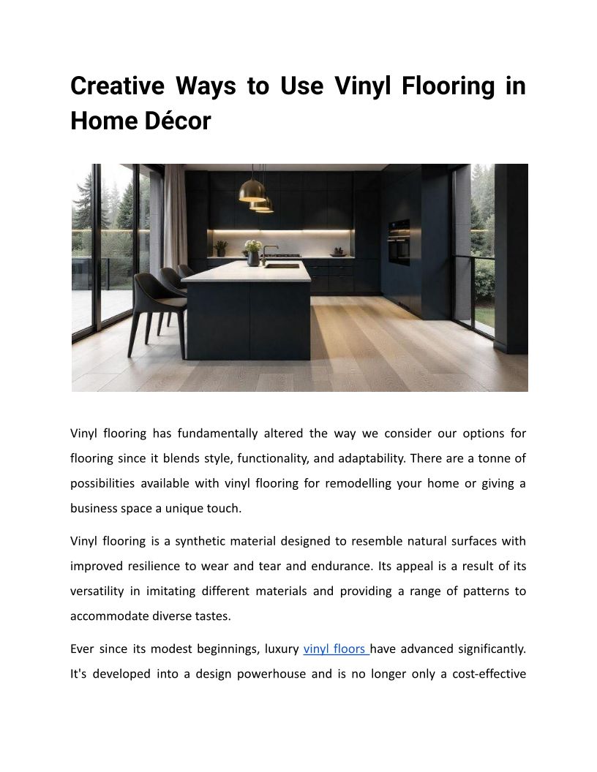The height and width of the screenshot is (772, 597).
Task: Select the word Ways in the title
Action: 203,86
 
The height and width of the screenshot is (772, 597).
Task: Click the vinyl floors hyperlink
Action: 336,648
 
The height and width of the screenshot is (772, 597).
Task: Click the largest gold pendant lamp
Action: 252,192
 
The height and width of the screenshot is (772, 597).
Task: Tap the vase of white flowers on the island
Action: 252,252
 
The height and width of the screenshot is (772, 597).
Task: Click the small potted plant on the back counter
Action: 221,249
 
